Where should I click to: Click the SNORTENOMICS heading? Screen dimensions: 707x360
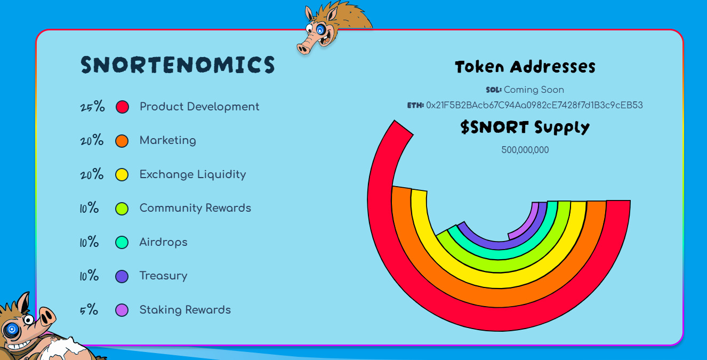(x=178, y=65)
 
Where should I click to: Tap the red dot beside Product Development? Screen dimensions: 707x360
(x=122, y=107)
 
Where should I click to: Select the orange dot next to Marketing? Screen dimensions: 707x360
(x=122, y=141)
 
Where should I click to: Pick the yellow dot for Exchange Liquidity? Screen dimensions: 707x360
(x=122, y=174)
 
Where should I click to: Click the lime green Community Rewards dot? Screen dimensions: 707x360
(x=122, y=209)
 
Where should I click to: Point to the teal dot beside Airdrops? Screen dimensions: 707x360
(x=122, y=243)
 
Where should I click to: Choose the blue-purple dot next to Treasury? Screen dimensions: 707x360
(x=122, y=276)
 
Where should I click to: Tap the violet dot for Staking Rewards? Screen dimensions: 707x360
(x=122, y=310)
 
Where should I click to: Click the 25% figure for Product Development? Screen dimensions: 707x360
(x=92, y=107)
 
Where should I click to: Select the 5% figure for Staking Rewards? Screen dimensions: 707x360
(x=89, y=309)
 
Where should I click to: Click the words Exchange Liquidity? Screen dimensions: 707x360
(x=192, y=174)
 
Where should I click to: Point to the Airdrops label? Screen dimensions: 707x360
(x=164, y=242)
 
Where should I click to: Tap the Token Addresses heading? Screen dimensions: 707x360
(x=525, y=67)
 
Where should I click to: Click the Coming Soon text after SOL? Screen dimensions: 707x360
(x=534, y=90)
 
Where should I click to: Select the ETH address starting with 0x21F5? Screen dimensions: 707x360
(x=534, y=105)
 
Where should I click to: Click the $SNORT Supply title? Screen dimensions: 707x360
(x=525, y=127)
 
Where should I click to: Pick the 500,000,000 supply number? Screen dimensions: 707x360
(x=525, y=150)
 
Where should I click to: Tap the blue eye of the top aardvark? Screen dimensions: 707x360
(x=320, y=30)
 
